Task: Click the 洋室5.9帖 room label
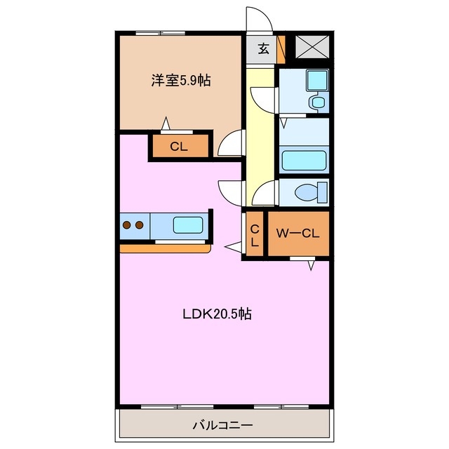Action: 180,81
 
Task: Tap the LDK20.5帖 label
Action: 217,315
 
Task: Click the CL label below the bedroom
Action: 179,147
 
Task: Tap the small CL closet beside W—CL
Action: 255,235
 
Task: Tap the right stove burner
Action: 140,226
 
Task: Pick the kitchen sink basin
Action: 188,226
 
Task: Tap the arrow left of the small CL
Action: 232,246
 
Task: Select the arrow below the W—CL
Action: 311,265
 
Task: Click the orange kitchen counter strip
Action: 165,248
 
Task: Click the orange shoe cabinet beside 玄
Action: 281,49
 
